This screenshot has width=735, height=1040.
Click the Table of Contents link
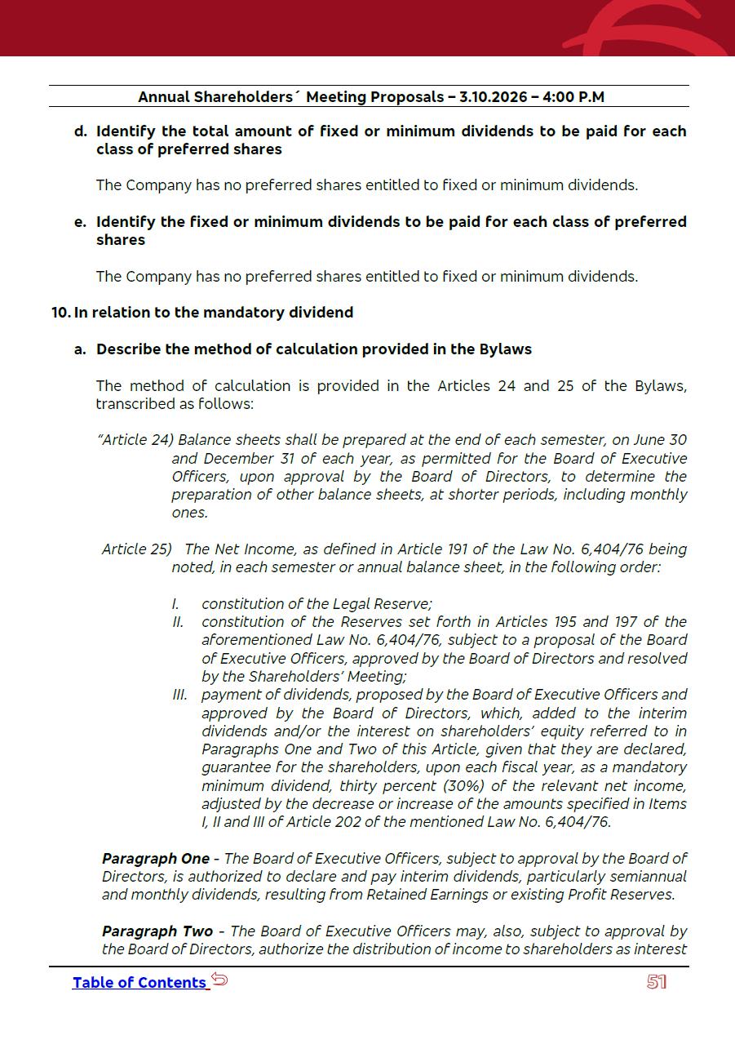click(139, 983)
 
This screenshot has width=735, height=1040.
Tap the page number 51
click(657, 982)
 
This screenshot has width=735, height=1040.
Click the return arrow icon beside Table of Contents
click(219, 980)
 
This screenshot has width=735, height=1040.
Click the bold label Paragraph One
click(156, 859)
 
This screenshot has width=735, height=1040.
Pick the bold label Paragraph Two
click(157, 931)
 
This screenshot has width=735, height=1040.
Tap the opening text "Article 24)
click(135, 440)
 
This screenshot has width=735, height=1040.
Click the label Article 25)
click(137, 549)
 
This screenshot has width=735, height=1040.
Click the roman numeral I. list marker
click(175, 604)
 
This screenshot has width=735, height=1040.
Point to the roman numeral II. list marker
click(178, 622)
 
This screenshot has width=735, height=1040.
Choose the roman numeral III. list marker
click(180, 695)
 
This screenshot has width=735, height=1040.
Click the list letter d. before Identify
click(80, 131)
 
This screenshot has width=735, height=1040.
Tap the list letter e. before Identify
click(80, 222)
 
